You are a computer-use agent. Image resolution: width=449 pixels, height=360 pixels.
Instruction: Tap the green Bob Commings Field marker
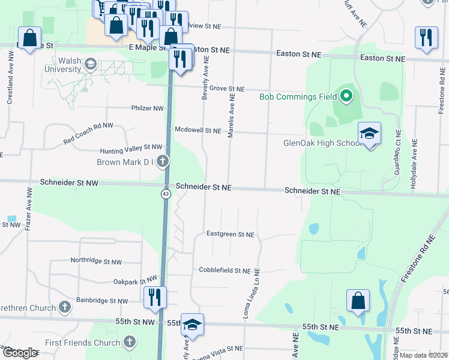(346, 96)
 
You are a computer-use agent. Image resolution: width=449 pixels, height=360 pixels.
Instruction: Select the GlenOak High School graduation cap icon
(369, 134)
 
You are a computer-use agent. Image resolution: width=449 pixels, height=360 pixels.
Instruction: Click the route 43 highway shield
(165, 194)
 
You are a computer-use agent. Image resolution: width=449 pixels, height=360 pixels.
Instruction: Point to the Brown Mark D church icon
(162, 161)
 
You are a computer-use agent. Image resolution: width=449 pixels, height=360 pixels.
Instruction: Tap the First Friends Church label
(86, 343)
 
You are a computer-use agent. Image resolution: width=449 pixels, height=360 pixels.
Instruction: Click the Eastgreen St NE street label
(230, 235)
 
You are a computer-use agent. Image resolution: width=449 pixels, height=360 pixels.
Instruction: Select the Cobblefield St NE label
(224, 271)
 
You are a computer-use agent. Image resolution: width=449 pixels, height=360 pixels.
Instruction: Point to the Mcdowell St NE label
(198, 130)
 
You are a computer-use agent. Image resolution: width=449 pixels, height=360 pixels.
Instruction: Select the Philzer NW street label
(147, 109)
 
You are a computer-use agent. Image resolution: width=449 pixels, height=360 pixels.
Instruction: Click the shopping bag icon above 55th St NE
(358, 301)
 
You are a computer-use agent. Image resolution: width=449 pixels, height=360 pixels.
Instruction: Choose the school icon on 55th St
(192, 325)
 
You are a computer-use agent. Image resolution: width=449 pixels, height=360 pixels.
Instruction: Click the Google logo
(20, 353)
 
